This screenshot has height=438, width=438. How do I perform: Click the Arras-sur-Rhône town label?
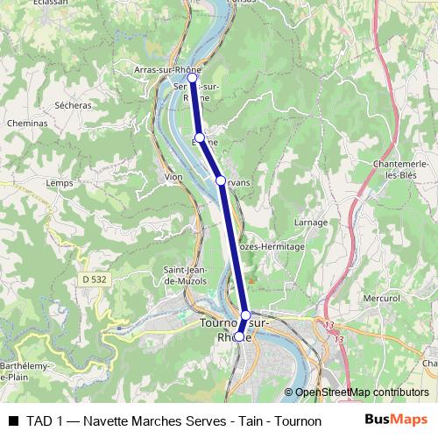point(162,69)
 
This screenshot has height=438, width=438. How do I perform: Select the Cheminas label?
point(28,125)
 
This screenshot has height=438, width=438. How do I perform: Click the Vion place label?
point(173,177)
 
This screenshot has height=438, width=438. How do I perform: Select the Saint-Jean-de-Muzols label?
point(185,275)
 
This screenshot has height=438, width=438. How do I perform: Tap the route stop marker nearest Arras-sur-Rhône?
point(193,78)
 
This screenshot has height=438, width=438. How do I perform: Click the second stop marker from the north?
point(200,138)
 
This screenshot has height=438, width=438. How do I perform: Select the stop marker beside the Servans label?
point(221,180)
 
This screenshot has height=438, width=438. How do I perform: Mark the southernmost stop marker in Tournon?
point(238,336)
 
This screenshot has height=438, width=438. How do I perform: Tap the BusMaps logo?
point(396,419)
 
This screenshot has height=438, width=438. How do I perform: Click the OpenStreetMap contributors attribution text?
point(361,392)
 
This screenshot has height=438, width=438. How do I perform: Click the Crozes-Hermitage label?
point(272,247)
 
